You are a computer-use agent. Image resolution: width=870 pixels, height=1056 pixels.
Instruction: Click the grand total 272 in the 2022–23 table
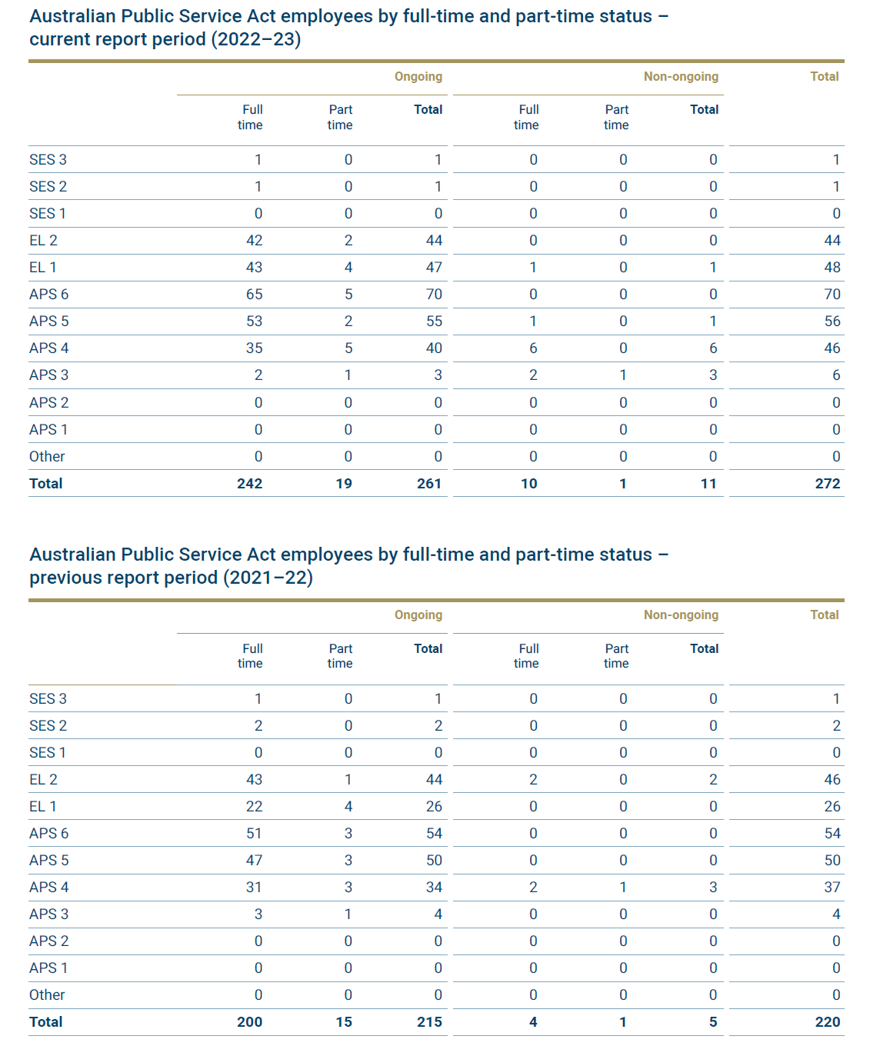(x=828, y=484)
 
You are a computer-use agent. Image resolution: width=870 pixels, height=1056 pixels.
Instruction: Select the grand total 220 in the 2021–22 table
(x=828, y=1021)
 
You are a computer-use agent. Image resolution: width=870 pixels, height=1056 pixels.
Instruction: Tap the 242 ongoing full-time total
(x=250, y=484)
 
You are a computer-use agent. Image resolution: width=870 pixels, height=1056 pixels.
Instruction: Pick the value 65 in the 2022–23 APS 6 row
(x=255, y=295)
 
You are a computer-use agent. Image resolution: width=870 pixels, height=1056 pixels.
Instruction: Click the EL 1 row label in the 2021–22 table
(x=43, y=806)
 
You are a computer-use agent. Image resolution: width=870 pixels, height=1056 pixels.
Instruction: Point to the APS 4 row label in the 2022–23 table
(x=49, y=348)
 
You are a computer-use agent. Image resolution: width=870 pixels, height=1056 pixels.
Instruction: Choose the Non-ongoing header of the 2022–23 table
(x=681, y=76)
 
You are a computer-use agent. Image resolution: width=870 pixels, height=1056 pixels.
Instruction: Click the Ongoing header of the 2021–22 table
(x=418, y=615)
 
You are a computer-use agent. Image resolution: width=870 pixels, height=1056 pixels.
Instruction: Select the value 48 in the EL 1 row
(x=832, y=267)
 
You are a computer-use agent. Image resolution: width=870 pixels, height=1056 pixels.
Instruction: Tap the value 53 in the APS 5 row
(x=255, y=321)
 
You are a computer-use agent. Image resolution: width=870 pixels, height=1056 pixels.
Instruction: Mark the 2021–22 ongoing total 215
(x=429, y=1021)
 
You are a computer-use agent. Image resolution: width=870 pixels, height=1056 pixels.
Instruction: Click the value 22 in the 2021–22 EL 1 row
(x=255, y=806)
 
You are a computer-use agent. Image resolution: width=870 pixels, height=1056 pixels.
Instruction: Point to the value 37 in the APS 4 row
(x=832, y=887)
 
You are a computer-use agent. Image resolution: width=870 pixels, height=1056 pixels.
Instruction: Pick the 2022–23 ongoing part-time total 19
(x=344, y=484)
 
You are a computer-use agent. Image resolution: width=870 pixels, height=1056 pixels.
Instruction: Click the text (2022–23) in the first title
(x=255, y=39)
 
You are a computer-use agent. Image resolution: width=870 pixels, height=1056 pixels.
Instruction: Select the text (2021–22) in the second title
(x=268, y=578)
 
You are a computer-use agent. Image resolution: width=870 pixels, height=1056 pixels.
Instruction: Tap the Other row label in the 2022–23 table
(x=47, y=456)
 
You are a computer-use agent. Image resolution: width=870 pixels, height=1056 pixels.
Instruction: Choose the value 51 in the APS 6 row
(x=255, y=834)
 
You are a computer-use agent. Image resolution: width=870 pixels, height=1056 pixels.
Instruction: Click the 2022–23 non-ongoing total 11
(x=708, y=484)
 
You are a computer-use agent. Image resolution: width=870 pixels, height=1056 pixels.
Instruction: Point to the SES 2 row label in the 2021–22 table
(x=48, y=726)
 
